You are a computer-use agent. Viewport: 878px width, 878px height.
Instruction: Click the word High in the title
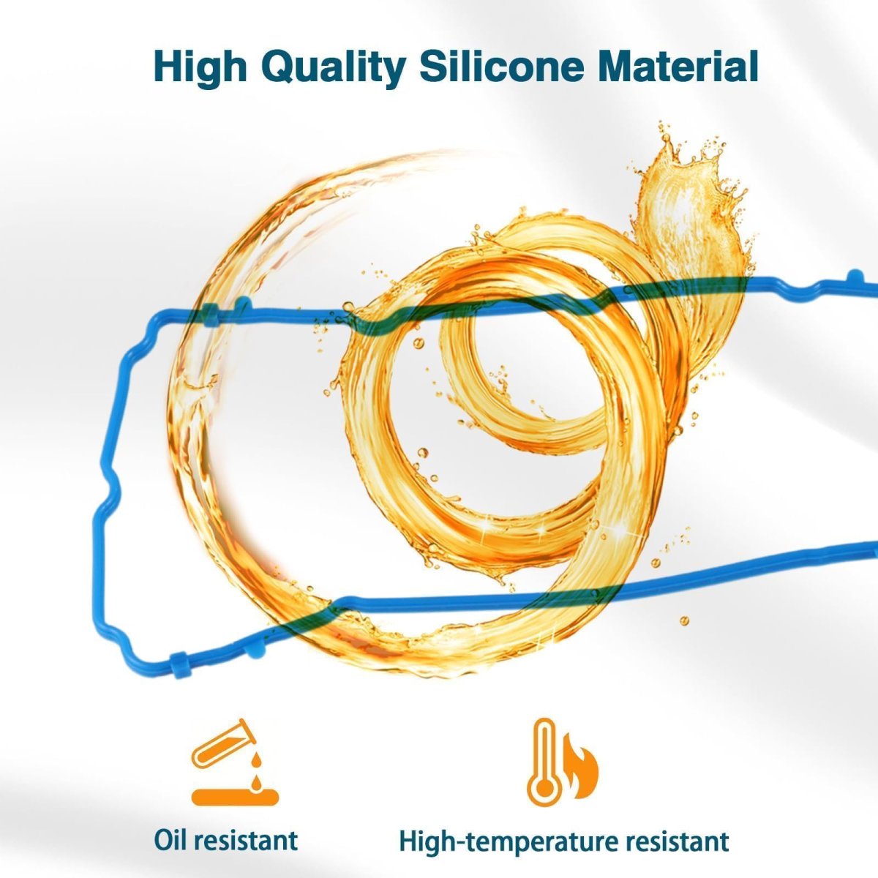coord(200,67)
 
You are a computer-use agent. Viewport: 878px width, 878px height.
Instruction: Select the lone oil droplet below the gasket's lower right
coord(684,620)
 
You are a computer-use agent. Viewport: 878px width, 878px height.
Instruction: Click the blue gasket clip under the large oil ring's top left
coord(211,315)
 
